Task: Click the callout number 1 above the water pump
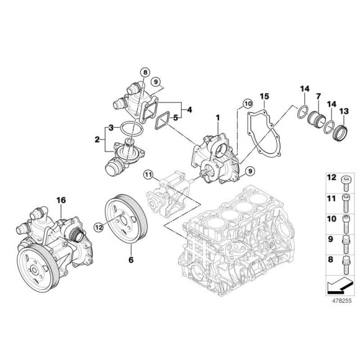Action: [218, 117]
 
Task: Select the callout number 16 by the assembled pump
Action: [60, 200]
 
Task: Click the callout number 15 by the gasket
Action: [264, 97]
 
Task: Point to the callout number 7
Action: [318, 97]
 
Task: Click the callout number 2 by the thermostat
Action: [97, 140]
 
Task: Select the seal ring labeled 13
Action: [340, 132]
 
